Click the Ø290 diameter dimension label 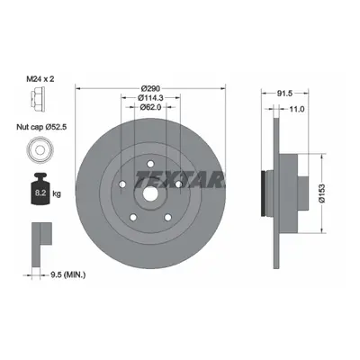[151, 88]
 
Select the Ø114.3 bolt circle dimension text [150, 98]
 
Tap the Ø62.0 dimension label [150, 107]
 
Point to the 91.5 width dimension [284, 94]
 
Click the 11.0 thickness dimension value [297, 109]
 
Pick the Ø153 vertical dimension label [322, 193]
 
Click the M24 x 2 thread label [40, 79]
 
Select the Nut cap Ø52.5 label [41, 127]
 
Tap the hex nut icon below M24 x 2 [38, 100]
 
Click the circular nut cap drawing [40, 149]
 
